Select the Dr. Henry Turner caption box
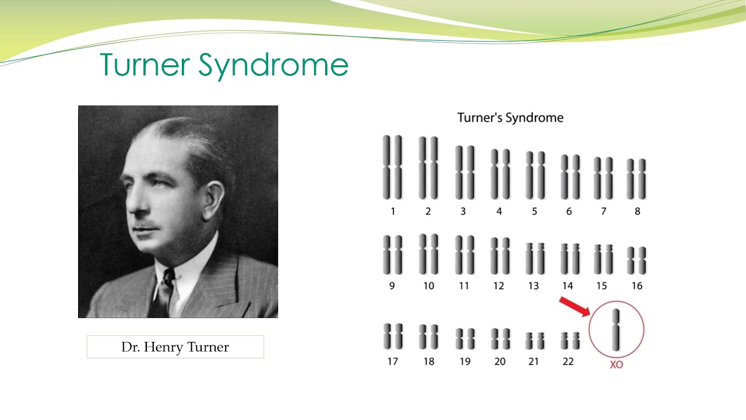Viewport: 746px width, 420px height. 175,347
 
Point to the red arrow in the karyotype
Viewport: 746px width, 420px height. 575,307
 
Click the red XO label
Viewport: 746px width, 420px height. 616,365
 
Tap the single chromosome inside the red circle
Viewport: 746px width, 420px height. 616,330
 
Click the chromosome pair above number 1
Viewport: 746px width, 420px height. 392,167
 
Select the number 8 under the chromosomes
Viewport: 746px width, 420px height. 637,211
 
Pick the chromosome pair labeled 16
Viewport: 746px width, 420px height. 636,260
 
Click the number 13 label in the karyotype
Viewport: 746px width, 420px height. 533,286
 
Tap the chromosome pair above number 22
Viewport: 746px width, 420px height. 569,340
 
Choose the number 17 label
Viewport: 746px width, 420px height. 392,362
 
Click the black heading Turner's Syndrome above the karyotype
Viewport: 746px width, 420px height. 510,118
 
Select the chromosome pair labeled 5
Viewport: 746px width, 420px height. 535,175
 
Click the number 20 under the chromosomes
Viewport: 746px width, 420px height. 499,362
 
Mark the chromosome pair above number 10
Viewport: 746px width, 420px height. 428,254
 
